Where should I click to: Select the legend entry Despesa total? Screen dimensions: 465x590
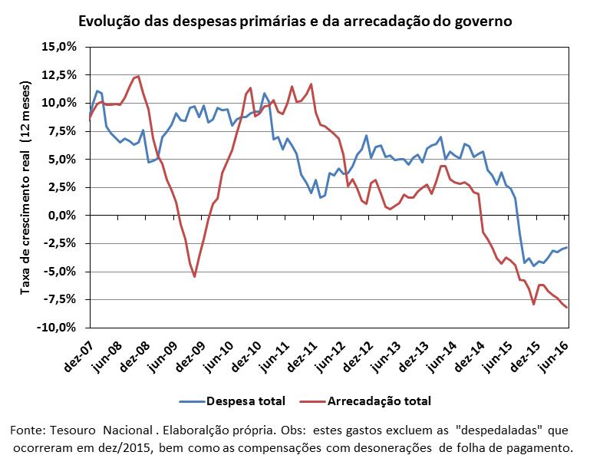[x=232, y=401]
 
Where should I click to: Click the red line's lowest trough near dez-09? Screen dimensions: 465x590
[x=195, y=276]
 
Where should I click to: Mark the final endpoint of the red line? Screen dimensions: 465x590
[x=567, y=308]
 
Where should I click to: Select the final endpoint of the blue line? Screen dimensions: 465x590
[x=567, y=247]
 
